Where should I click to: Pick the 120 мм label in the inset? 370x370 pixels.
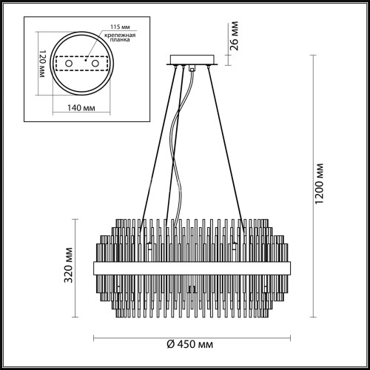coord(42,66)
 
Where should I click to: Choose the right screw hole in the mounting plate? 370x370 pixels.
coord(94,66)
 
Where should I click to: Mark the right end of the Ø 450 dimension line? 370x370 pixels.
coord(288,337)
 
